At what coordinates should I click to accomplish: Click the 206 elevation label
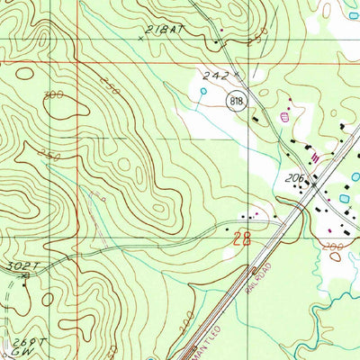297,179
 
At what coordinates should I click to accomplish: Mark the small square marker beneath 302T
24,278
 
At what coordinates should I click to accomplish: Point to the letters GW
24,354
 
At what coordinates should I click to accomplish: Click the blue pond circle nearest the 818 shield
203,91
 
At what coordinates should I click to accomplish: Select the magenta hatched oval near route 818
286,116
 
